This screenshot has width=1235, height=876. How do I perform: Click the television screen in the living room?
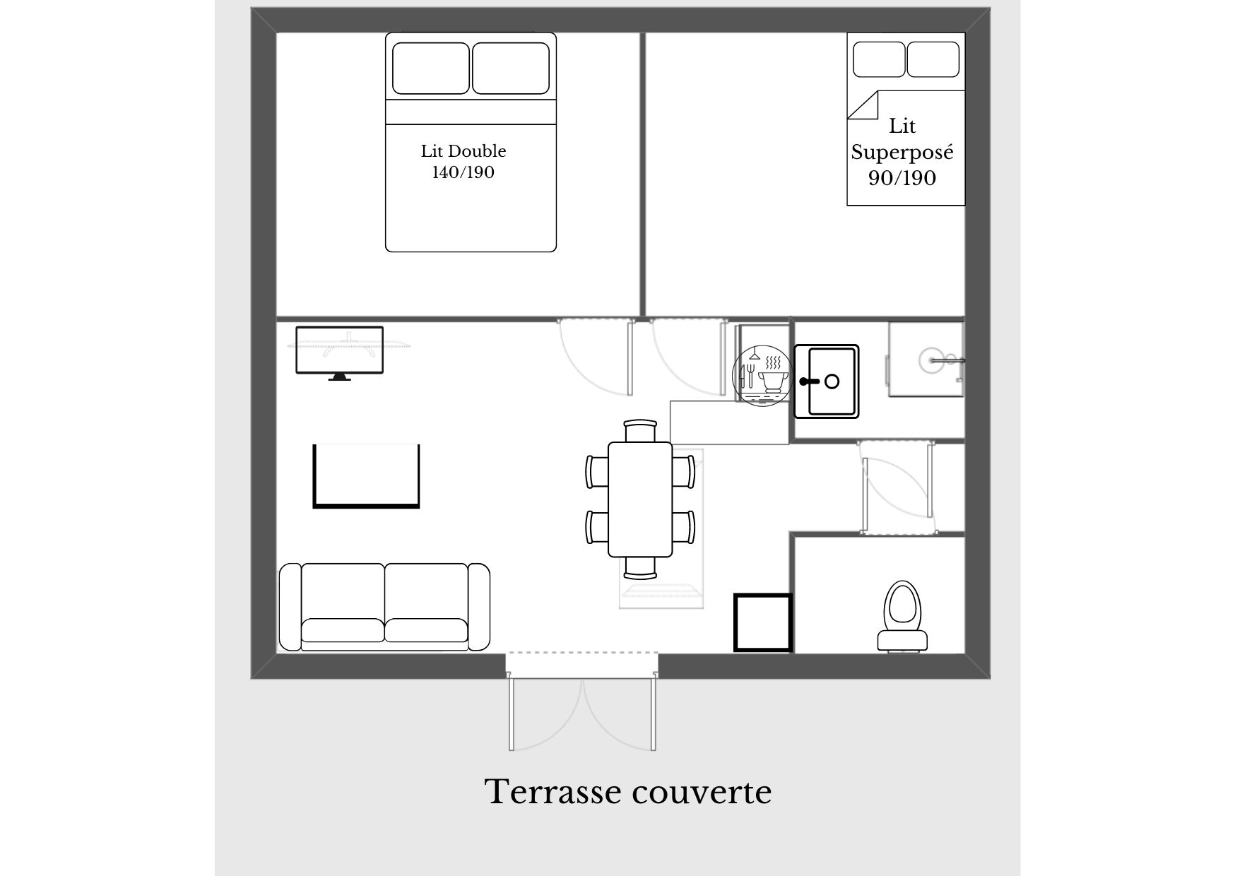339,350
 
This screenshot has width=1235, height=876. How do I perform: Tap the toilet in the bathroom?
903,616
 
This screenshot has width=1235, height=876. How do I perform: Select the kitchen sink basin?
827,381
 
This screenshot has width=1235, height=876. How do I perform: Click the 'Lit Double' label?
463,151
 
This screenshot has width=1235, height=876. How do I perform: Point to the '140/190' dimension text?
463,172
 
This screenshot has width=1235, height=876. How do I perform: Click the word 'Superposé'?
902,153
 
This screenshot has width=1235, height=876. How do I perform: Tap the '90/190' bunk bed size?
902,178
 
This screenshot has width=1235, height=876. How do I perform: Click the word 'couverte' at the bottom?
702,793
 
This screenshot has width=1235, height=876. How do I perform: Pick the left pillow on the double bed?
431,68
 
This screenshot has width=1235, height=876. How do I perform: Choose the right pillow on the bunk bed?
933,59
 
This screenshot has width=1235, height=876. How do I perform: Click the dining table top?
640,499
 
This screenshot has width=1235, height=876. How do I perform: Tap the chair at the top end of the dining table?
641,430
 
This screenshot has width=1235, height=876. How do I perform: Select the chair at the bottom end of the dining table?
640,567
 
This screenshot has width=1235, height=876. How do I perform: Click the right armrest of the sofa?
478,607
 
